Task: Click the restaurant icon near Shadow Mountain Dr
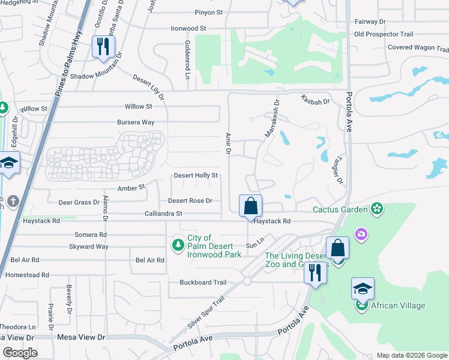click(x=103, y=47)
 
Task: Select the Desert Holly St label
click(x=195, y=175)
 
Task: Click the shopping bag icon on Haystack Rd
click(x=250, y=206)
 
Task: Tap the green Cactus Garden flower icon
click(x=376, y=209)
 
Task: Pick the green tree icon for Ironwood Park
click(x=178, y=244)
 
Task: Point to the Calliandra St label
click(x=163, y=213)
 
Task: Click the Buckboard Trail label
click(x=203, y=283)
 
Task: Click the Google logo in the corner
click(x=20, y=353)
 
